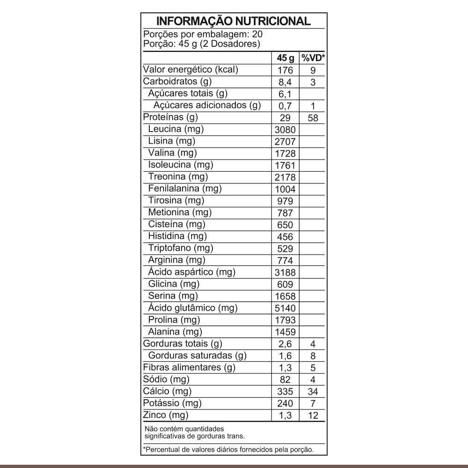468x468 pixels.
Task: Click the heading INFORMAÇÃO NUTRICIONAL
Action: [233, 22]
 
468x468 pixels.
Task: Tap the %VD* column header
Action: [313, 58]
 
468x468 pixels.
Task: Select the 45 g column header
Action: [285, 58]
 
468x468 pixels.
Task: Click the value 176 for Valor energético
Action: [285, 70]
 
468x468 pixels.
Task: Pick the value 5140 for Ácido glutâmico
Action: [285, 308]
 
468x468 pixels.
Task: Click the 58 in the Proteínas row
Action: [313, 118]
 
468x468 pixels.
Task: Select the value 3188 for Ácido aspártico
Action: [285, 272]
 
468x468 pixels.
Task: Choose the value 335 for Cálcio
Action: [285, 391]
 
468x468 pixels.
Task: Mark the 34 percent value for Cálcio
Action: [313, 391]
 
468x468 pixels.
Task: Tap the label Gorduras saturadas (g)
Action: [197, 356]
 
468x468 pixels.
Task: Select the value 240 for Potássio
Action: [285, 403]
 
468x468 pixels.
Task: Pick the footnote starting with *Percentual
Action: [227, 450]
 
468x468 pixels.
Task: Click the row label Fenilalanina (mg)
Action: [184, 189]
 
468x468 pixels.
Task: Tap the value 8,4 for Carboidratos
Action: [285, 82]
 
